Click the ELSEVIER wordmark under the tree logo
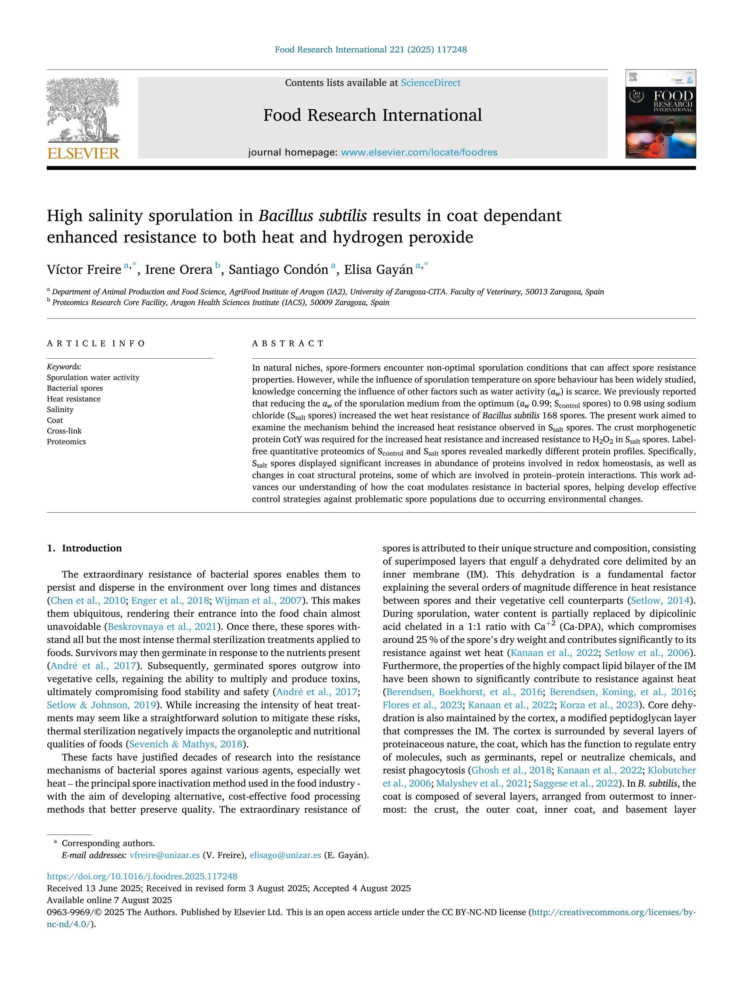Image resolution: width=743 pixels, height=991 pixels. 83,153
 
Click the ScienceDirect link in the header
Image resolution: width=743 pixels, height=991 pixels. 431,83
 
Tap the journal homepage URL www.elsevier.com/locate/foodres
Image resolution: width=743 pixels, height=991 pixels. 419,152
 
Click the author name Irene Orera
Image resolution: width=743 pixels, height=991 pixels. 178,270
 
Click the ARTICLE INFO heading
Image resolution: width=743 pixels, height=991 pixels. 96,344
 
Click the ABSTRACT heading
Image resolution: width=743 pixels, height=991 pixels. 288,344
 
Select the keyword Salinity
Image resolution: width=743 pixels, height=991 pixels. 60,409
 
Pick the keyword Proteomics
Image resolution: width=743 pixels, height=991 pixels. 66,442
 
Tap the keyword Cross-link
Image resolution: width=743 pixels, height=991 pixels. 64,431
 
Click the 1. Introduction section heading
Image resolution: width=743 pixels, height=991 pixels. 84,548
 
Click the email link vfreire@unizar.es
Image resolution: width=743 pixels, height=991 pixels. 164,855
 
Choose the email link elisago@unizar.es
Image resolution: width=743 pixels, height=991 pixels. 285,855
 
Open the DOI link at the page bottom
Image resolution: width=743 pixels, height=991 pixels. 142,876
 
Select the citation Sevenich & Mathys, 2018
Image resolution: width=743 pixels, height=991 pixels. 186,744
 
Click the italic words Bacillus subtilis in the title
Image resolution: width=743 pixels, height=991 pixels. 312,216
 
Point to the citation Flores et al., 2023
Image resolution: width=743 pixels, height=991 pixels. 422,705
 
